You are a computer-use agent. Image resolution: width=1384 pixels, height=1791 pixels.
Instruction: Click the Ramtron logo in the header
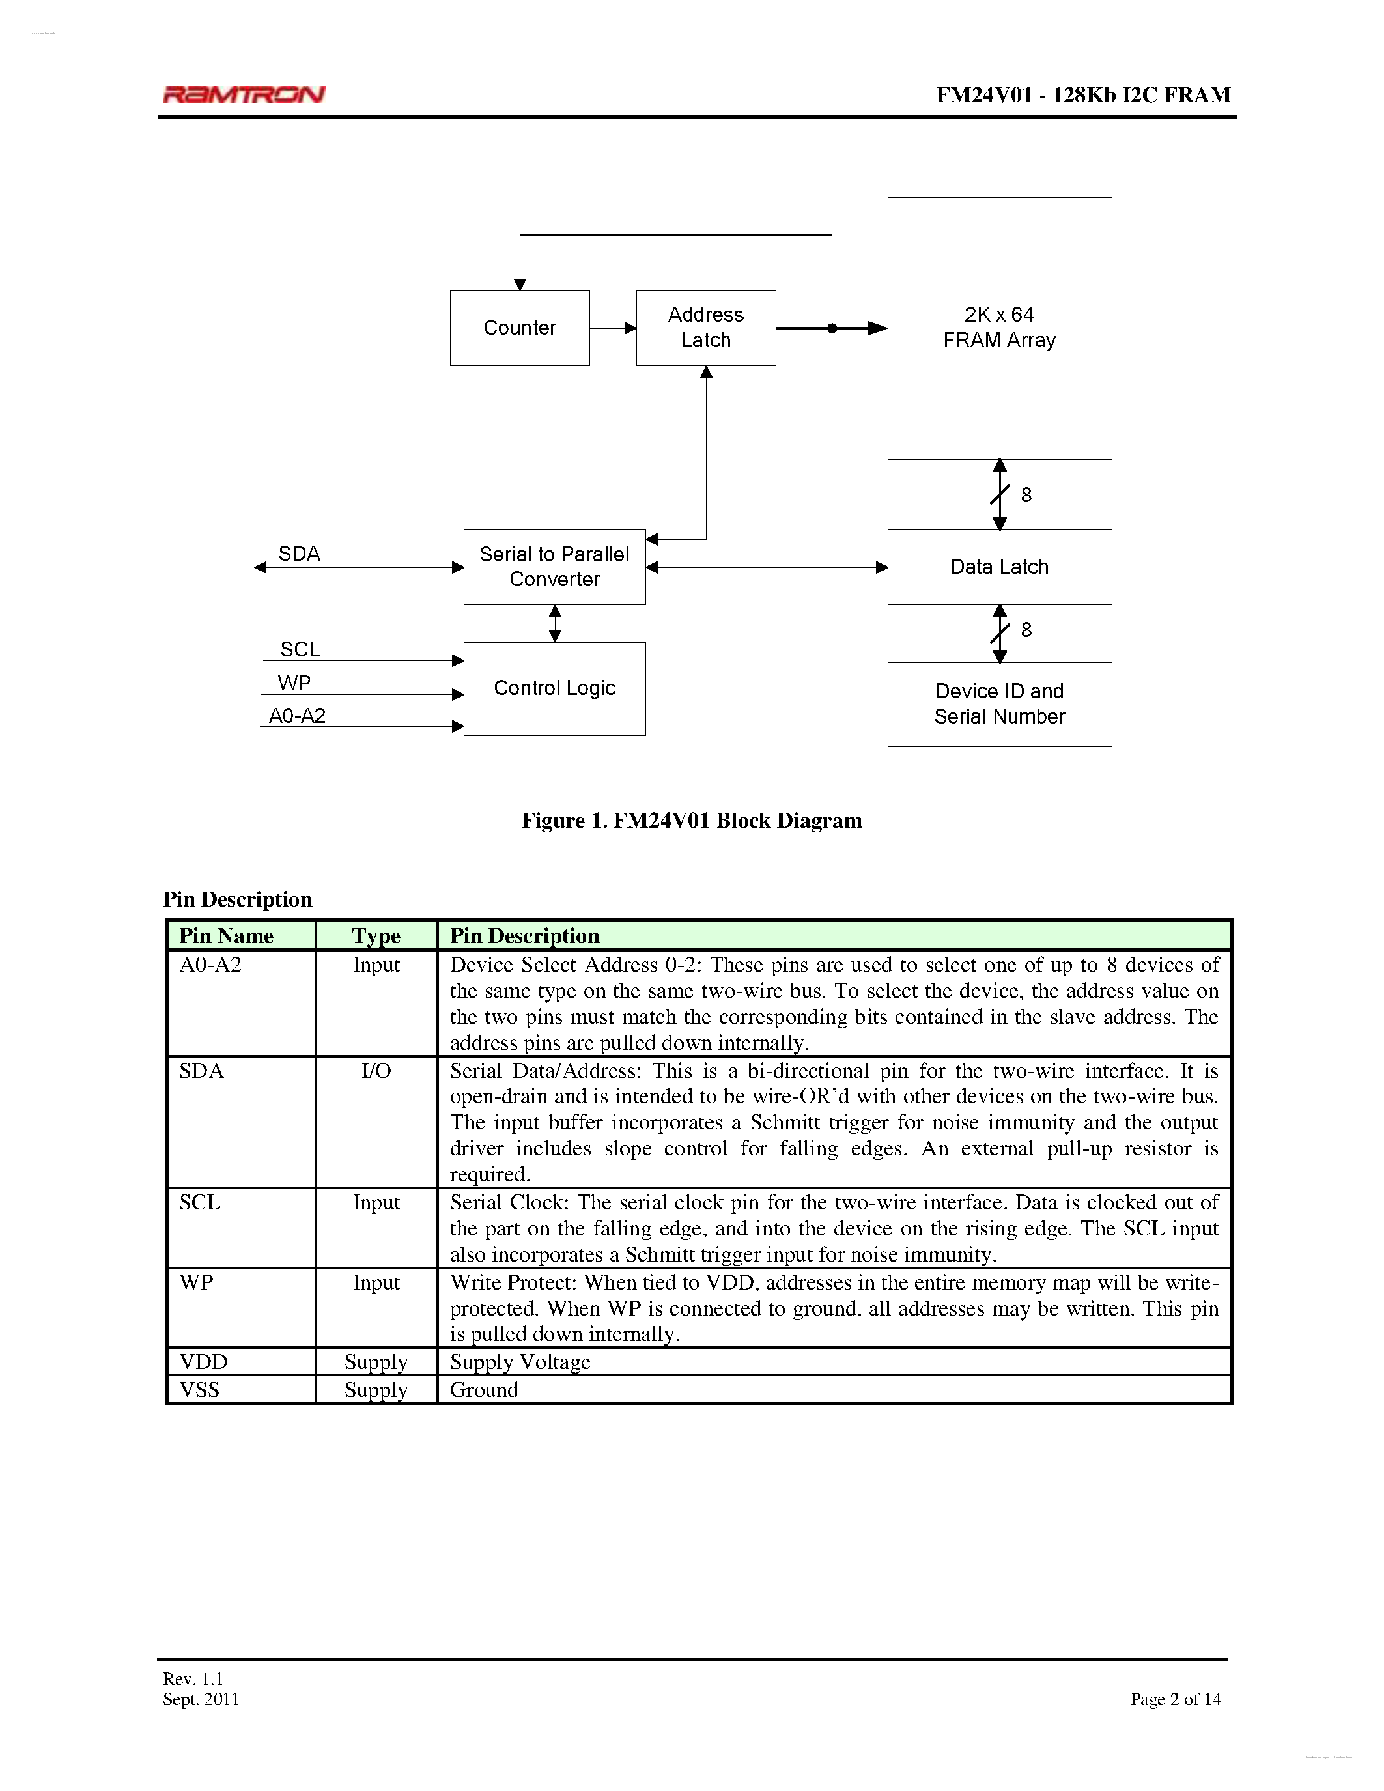(x=244, y=94)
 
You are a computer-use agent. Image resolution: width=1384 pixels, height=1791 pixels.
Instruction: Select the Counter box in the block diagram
(x=519, y=328)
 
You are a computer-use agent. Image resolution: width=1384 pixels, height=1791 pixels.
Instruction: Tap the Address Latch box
(x=705, y=328)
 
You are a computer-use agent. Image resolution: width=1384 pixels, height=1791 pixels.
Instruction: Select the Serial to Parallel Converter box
(x=554, y=567)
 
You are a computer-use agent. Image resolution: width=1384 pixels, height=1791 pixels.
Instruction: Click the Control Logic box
(x=554, y=688)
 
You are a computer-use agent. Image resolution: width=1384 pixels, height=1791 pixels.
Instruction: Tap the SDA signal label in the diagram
(x=298, y=554)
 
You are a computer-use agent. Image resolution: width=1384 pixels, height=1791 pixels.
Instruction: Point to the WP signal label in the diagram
(x=294, y=683)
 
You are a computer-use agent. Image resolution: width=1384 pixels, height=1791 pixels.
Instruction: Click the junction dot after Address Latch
(x=832, y=328)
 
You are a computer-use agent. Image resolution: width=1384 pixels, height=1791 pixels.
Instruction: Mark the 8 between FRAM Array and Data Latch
(x=1026, y=494)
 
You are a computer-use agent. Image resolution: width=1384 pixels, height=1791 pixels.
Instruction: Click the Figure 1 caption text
(x=691, y=821)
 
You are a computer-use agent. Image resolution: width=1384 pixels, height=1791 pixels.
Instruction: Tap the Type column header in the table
(x=376, y=936)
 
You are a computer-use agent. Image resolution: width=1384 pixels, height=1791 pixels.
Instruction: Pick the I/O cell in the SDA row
(x=376, y=1071)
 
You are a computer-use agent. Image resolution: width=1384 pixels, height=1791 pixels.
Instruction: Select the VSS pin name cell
(x=200, y=1390)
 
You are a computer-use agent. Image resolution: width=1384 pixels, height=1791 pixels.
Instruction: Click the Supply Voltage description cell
(x=520, y=1362)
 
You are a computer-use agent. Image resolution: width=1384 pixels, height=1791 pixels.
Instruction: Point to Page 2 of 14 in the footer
(x=1174, y=1699)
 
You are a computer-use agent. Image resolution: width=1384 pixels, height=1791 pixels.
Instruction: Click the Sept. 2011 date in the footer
(x=201, y=1699)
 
